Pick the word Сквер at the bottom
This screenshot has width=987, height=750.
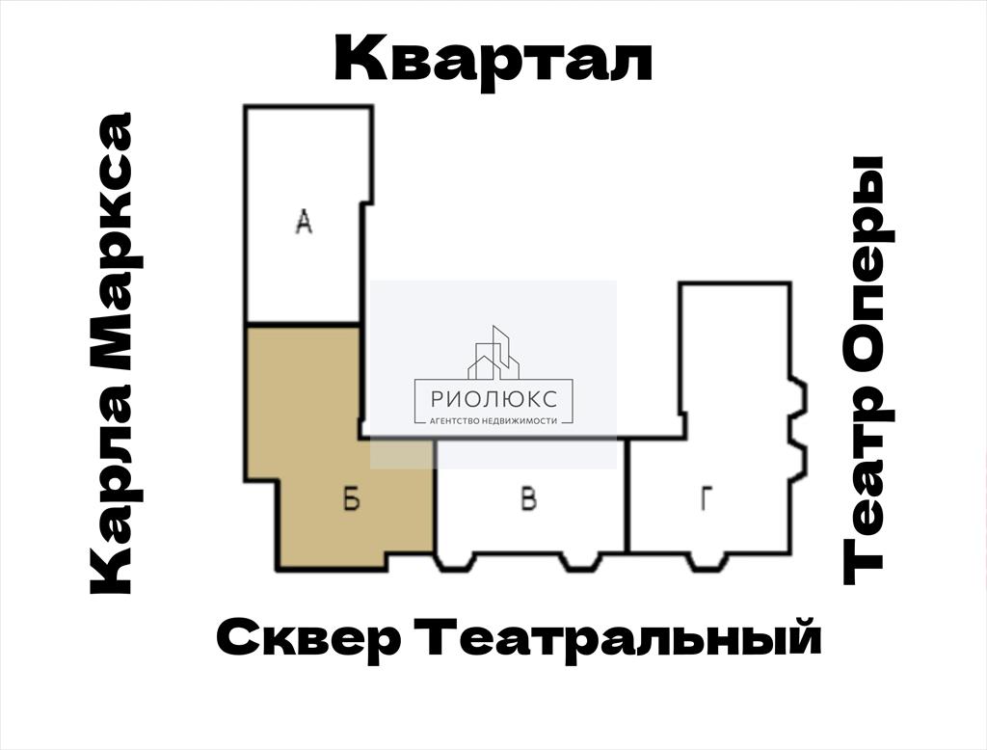(308, 638)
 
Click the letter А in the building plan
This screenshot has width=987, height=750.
(304, 223)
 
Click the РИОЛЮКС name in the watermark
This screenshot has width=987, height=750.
(493, 398)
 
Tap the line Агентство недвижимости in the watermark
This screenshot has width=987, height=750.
(493, 420)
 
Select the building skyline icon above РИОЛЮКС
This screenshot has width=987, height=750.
(493, 353)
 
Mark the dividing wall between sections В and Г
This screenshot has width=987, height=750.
(627, 496)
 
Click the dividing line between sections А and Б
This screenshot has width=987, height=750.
(302, 325)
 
